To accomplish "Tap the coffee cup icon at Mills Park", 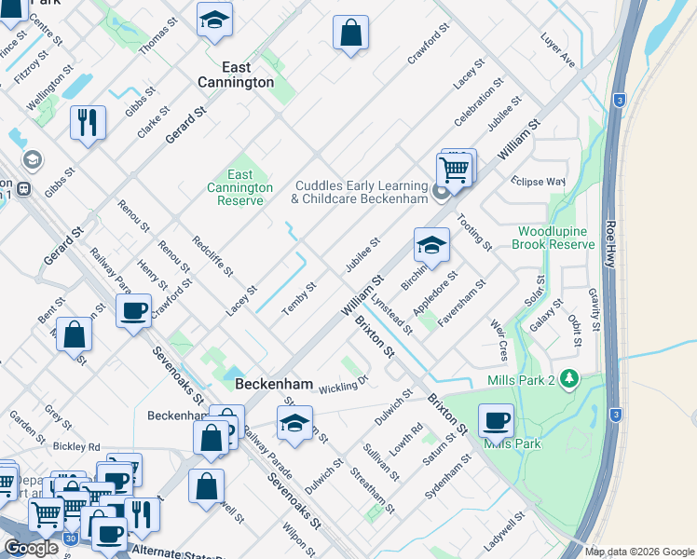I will pos(496,421).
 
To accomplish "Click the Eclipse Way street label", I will pos(538,181).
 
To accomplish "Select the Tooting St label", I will pos(474,232).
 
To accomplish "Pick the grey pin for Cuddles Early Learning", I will pos(442,195).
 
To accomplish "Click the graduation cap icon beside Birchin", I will pos(431,245).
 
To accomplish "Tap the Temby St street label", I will pos(300,296).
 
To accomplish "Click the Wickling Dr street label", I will pos(343,384).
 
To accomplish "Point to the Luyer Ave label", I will pos(558,50).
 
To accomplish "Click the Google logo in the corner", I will pos(31,548).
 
